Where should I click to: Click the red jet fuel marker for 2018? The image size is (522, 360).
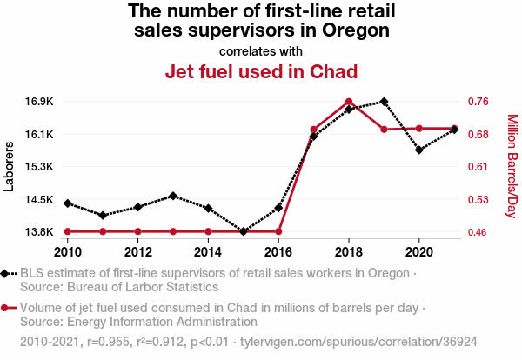(x=349, y=102)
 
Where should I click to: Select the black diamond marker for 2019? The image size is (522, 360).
(x=384, y=102)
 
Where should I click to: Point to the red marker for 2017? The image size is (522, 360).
(x=314, y=130)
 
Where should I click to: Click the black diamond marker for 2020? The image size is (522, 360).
(x=419, y=150)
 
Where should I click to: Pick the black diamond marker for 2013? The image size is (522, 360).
(x=173, y=196)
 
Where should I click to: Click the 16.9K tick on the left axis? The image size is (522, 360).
(x=40, y=102)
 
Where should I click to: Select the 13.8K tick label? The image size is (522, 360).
(x=40, y=232)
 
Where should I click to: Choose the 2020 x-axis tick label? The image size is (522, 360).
(x=419, y=252)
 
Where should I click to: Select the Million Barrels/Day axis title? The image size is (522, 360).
(x=512, y=166)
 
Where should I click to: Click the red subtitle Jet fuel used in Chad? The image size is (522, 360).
(x=262, y=71)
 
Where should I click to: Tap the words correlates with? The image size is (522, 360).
(x=262, y=50)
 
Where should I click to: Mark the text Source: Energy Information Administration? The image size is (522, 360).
(x=132, y=322)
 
